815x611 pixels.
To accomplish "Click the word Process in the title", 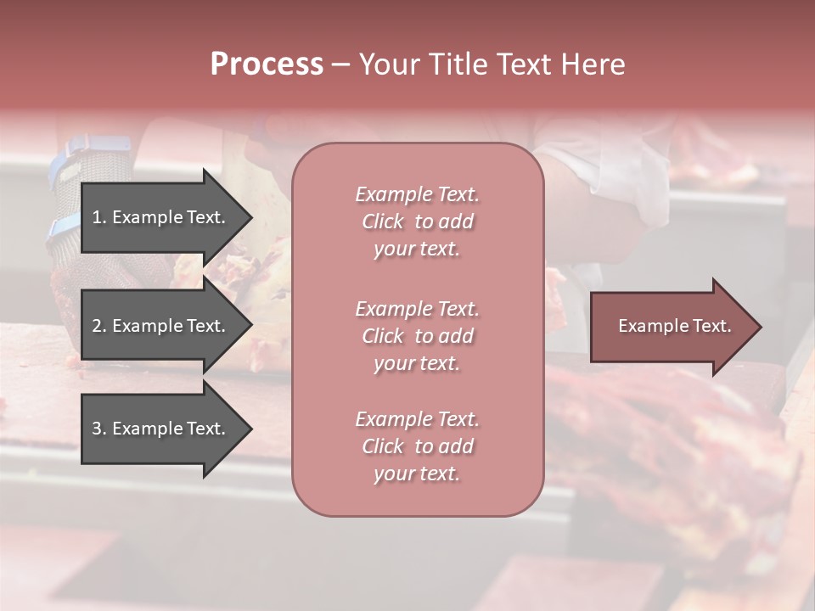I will tap(267, 64).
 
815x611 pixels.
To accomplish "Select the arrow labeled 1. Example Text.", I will tap(161, 217).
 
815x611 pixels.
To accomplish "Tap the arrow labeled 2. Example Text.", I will tap(161, 326).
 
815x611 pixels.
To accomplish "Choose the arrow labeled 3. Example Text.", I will tap(161, 429).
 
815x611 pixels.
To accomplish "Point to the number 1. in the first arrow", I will tap(99, 217).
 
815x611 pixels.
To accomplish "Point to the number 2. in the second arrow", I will tap(99, 326).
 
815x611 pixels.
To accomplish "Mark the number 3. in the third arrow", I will tap(99, 429).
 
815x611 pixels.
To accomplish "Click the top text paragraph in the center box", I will tap(417, 221).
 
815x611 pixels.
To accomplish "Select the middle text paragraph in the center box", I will tap(417, 336).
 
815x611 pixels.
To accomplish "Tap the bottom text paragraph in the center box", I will tap(417, 446).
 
